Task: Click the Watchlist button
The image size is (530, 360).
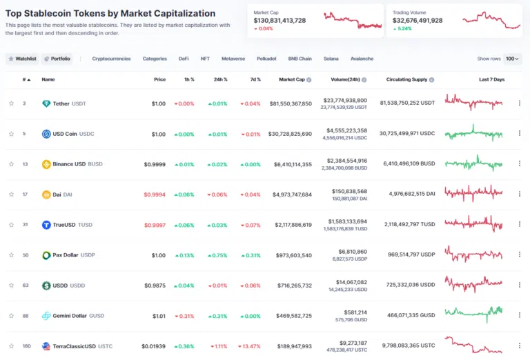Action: (22, 59)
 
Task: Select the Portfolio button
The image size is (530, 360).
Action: (57, 59)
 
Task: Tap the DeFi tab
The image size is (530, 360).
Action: (184, 59)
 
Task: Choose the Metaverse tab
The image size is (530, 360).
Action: (233, 59)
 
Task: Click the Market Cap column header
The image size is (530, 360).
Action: (292, 79)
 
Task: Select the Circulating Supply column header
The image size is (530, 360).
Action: (407, 79)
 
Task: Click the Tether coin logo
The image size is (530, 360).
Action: (46, 103)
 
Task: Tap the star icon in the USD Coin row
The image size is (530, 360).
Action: (11, 134)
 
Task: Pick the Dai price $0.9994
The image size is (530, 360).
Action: (155, 194)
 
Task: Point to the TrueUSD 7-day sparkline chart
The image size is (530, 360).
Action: (473, 224)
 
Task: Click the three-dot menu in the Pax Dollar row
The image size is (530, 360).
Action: (519, 255)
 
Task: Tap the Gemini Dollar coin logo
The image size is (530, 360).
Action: (46, 316)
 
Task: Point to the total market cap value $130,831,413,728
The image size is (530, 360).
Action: (279, 21)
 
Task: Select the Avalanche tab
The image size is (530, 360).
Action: (362, 59)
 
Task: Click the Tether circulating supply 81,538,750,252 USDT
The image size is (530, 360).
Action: (407, 103)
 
